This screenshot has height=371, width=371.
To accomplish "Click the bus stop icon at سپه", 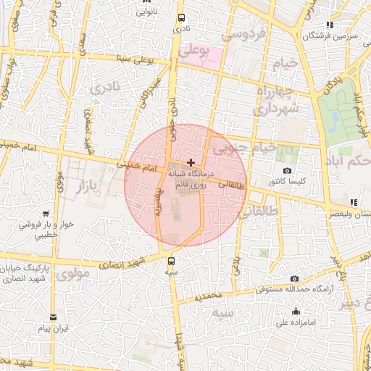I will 172,261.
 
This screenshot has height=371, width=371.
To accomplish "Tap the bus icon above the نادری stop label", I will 180,20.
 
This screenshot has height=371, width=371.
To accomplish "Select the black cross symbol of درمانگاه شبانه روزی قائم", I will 191,163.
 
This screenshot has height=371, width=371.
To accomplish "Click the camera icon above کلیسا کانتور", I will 288,170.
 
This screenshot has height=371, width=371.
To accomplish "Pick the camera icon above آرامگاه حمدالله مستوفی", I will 294,279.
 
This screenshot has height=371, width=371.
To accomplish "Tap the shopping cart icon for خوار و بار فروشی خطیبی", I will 46,214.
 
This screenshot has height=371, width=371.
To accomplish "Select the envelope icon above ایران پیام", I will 52,317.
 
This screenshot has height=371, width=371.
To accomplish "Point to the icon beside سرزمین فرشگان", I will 330,25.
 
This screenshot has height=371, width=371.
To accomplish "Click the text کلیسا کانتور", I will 288,180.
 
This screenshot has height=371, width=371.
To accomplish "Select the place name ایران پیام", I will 53,328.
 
